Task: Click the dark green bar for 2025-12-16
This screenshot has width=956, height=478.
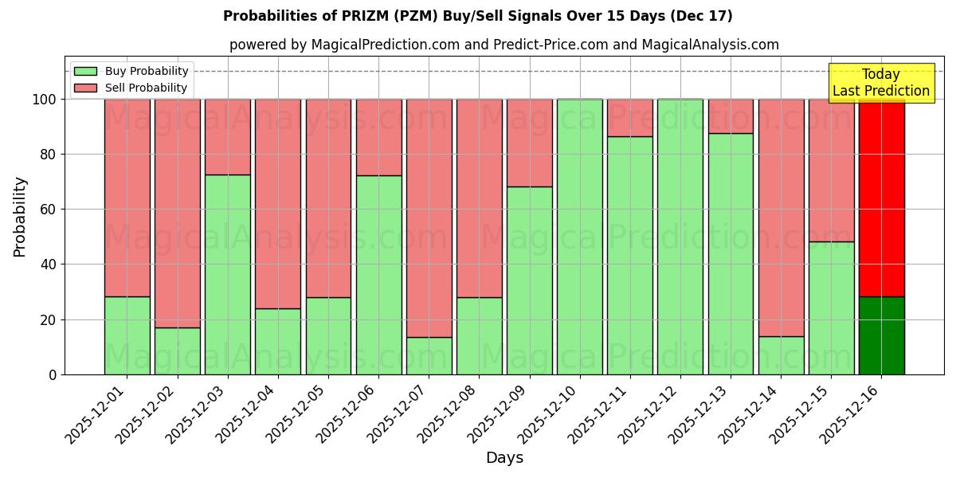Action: click(x=881, y=335)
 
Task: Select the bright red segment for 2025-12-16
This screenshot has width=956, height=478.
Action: click(x=881, y=199)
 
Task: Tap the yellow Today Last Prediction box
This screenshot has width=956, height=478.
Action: click(x=880, y=83)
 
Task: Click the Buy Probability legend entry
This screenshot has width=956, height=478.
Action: click(x=131, y=71)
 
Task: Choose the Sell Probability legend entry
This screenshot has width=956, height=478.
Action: click(x=131, y=88)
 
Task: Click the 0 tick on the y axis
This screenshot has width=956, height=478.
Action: click(x=52, y=374)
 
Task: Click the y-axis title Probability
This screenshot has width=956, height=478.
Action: click(x=20, y=217)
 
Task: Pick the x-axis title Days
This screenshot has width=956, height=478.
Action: click(x=504, y=458)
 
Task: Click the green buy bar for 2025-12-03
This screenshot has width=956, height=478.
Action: click(x=228, y=275)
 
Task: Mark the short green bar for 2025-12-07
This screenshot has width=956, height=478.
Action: click(x=429, y=356)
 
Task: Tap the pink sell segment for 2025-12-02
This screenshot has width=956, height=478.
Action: click(x=178, y=214)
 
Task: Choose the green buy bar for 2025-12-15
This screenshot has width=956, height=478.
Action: click(x=831, y=308)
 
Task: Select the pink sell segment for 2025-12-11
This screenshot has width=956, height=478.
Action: click(x=630, y=118)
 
